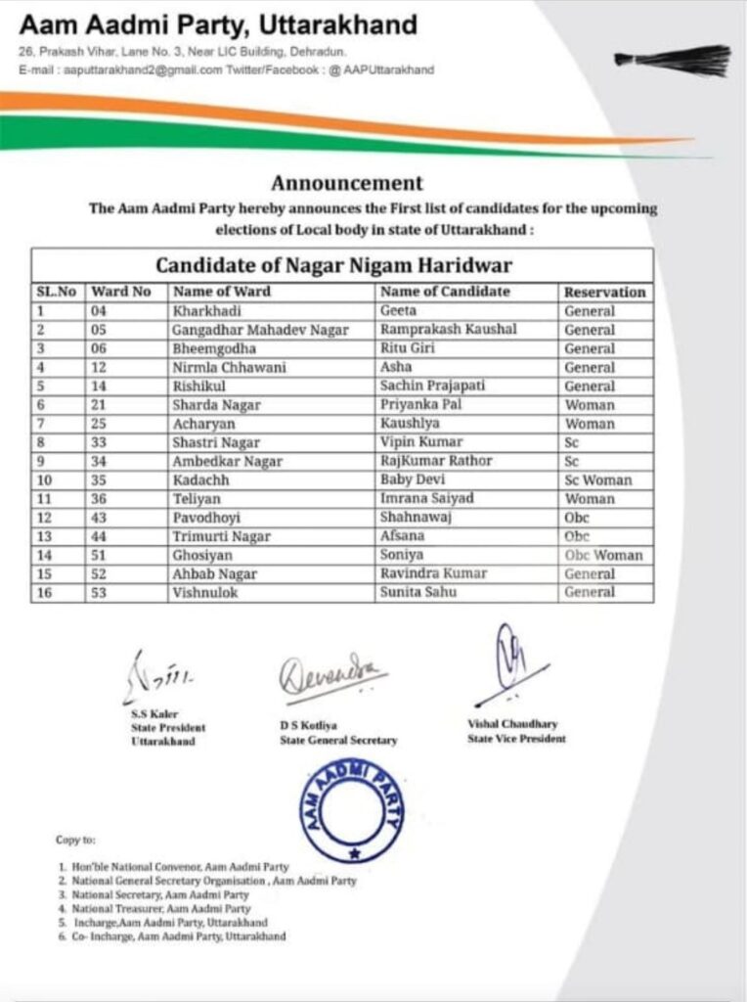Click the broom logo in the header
[x=675, y=60]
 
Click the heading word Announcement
[x=347, y=183]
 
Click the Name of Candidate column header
[x=445, y=292]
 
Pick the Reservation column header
[x=604, y=292]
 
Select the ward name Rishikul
[x=200, y=387]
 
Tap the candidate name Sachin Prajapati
[x=432, y=387]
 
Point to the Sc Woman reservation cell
[x=597, y=480]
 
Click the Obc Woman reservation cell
[x=603, y=555]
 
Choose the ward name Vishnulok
[x=204, y=592]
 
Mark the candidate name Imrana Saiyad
[x=426, y=499]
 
